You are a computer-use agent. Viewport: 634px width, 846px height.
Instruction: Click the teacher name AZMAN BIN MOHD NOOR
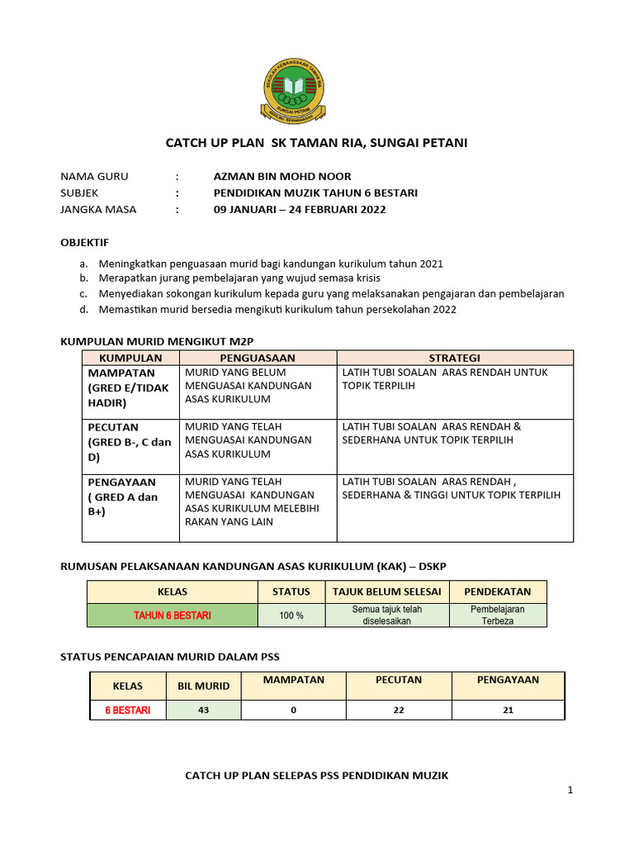point(282,176)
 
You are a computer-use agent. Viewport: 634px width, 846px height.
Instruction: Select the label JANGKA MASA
point(98,209)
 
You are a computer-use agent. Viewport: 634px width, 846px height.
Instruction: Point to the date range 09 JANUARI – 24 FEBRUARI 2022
point(299,209)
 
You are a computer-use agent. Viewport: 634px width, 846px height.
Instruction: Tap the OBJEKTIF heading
point(85,242)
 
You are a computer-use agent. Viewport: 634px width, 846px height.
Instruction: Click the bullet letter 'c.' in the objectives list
point(83,293)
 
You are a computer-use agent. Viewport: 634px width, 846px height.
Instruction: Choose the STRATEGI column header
point(454,358)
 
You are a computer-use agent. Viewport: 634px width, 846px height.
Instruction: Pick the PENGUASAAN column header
point(258,358)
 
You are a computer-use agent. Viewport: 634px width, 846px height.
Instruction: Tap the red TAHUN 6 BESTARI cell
point(173,615)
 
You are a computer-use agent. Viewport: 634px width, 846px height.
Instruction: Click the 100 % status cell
point(291,615)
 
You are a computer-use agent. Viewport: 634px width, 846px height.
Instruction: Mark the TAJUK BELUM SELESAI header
point(386,592)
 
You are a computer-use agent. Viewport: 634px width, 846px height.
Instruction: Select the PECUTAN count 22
point(399,710)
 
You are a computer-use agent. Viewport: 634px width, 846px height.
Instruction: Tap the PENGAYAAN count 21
point(508,710)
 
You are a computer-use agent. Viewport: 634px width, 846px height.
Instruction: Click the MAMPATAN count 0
point(293,710)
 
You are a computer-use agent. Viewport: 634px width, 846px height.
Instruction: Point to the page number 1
point(570,791)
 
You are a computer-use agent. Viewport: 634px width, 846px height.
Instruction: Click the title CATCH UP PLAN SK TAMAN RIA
point(316,143)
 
